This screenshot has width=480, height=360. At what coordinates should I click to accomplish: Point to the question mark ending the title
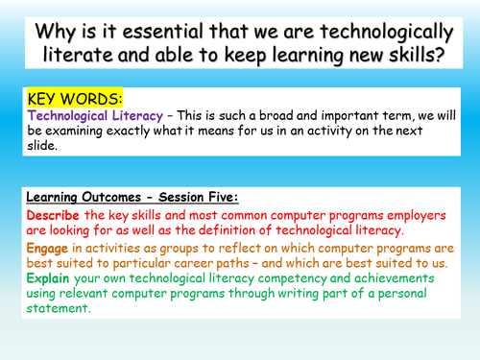442,53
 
